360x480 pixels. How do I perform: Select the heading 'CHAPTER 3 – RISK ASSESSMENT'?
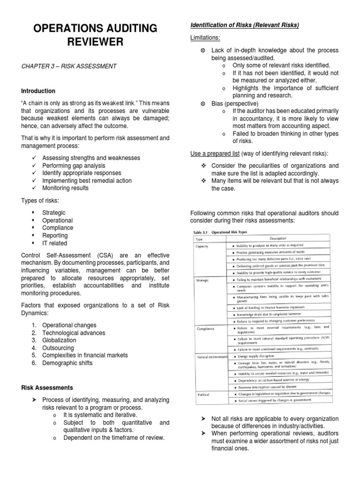click(69, 67)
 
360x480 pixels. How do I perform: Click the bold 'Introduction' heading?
click(38, 91)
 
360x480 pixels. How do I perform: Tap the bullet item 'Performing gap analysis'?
click(74, 165)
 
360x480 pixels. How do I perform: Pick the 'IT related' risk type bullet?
click(54, 243)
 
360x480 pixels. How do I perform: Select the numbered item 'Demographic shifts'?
click(67, 363)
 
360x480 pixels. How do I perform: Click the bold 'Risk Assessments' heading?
click(47, 388)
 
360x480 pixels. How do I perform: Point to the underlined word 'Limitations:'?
click(205, 37)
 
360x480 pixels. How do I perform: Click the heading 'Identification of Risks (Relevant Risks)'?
click(244, 25)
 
